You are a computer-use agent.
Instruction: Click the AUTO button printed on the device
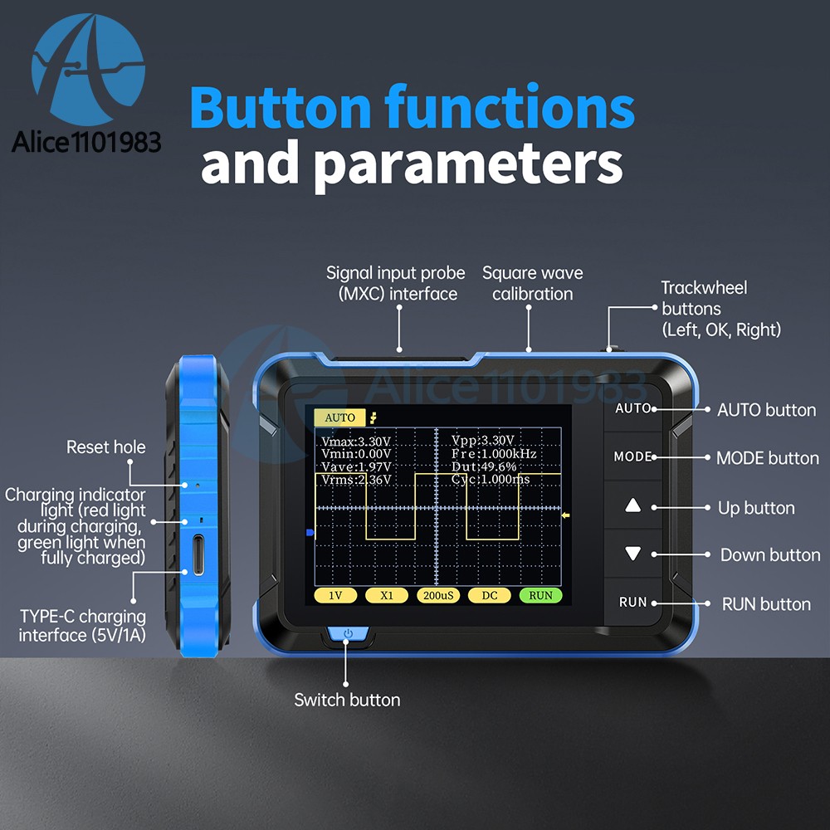click(632, 408)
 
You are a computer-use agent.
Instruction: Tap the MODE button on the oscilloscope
click(632, 456)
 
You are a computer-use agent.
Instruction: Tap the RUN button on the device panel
click(633, 602)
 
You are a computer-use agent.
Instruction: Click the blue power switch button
click(348, 633)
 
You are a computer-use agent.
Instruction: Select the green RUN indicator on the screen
click(540, 595)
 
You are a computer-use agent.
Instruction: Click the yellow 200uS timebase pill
click(438, 595)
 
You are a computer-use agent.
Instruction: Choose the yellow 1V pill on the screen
click(335, 595)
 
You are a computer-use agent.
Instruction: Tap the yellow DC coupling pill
click(490, 595)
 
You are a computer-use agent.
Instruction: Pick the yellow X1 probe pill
click(387, 595)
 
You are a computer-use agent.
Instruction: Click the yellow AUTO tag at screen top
click(339, 417)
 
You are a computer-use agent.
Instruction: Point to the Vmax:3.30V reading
click(356, 442)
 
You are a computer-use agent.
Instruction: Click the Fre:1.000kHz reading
click(494, 454)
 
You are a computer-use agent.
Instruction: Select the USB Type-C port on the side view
click(198, 554)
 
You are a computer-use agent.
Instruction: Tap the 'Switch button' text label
click(347, 700)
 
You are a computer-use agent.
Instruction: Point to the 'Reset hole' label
click(106, 447)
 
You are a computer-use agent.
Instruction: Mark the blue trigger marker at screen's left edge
click(310, 533)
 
